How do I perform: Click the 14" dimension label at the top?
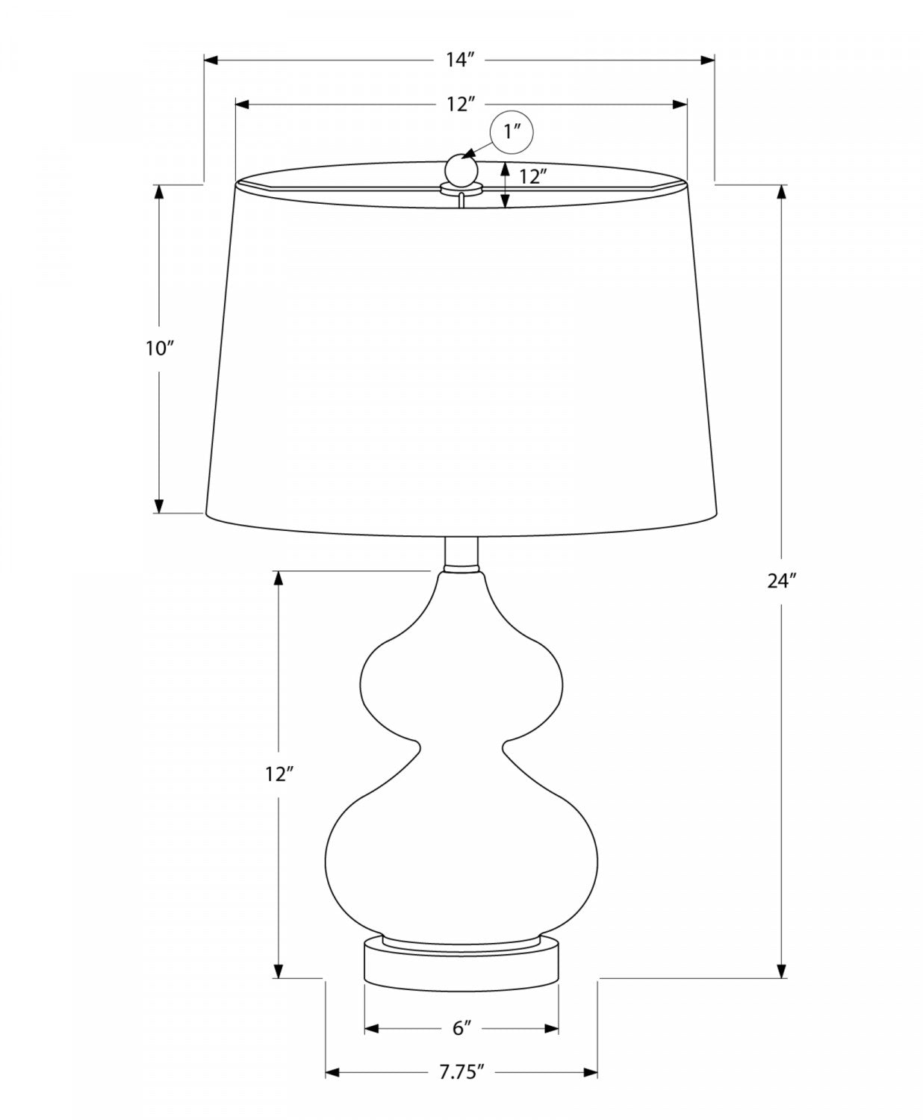461,60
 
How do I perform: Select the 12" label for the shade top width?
461,105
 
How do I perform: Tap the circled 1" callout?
512,132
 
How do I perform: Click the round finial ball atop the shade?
461,168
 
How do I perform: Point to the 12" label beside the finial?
534,177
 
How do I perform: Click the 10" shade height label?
159,349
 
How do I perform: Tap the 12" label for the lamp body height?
277,774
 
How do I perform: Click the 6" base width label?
461,1028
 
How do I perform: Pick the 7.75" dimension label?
461,1073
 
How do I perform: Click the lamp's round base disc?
461,962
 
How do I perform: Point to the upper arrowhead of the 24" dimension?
782,191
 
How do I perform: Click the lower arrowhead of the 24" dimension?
782,970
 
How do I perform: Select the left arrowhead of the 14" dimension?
211,60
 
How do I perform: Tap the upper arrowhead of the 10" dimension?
159,191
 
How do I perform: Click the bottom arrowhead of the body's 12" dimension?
278,970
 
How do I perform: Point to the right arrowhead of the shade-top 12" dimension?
680,105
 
